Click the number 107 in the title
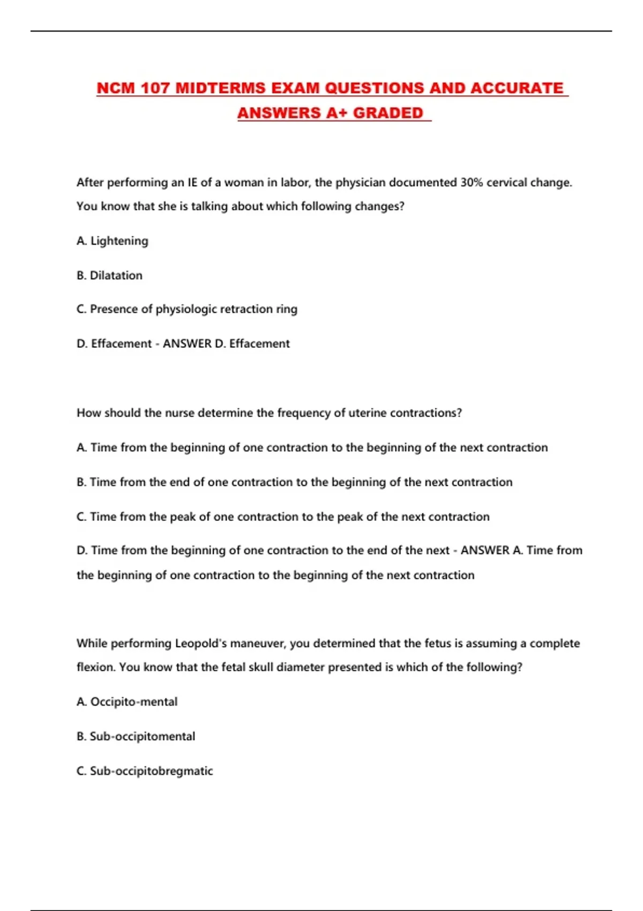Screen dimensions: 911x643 155,88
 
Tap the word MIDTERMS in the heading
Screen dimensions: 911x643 220,88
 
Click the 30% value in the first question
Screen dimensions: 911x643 472,183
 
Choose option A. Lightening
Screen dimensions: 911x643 113,241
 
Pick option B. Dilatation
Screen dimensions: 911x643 110,275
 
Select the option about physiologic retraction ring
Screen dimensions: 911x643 187,309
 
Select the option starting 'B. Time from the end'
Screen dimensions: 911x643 294,482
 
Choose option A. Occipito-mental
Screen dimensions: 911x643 127,702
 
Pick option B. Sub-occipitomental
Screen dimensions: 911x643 136,736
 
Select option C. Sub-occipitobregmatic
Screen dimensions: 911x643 145,771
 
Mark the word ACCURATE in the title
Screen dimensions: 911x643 517,88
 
